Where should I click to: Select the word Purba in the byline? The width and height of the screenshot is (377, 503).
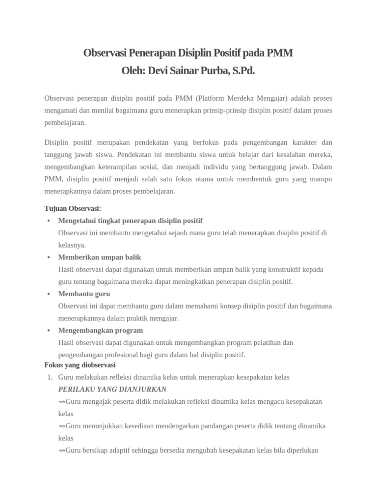click(209, 71)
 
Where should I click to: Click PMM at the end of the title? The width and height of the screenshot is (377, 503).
click(280, 53)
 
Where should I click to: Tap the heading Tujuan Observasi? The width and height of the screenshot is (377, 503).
click(73, 208)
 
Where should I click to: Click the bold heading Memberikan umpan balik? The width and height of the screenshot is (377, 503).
click(100, 257)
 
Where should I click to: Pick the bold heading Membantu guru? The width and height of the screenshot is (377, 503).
click(84, 294)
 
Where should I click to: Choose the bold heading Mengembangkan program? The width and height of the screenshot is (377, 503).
click(101, 330)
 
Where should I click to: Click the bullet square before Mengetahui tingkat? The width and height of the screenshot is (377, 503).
click(49, 221)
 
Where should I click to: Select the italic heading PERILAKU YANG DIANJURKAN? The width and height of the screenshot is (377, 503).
click(112, 390)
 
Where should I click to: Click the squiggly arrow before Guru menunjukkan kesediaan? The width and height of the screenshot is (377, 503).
click(61, 426)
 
